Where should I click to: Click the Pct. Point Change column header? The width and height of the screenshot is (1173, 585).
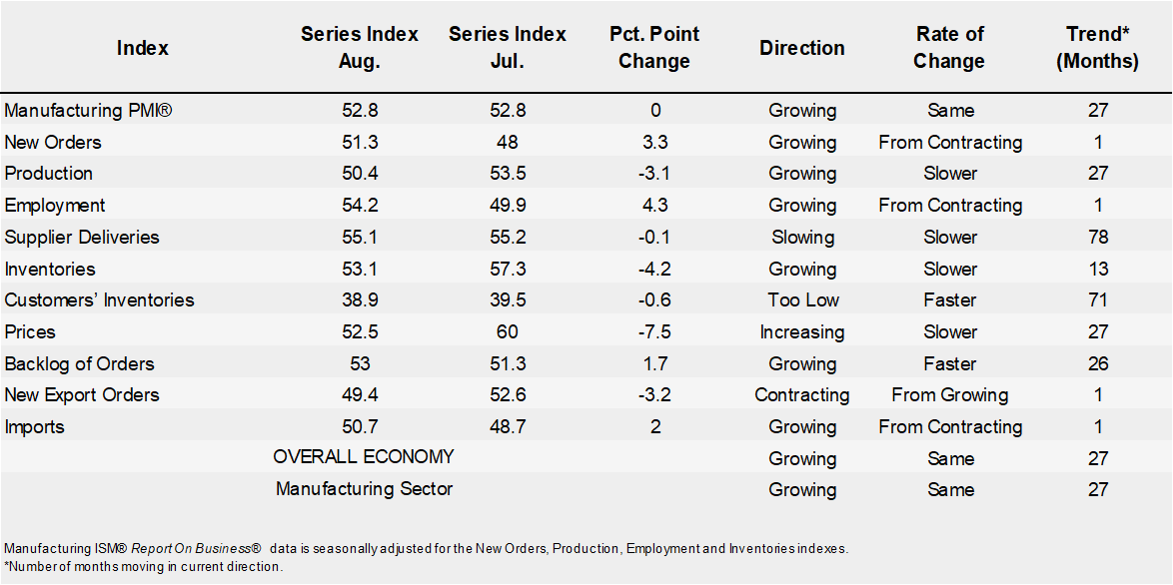coord(653,47)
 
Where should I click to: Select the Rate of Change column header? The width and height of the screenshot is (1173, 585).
coord(949,47)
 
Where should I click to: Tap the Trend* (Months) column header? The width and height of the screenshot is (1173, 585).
coord(1098,47)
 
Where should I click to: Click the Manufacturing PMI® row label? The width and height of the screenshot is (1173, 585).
coord(89,110)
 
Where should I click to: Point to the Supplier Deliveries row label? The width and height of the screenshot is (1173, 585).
coord(82,237)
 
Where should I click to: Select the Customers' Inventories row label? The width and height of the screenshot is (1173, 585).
coord(99,299)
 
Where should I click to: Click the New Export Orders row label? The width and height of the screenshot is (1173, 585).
coord(82,394)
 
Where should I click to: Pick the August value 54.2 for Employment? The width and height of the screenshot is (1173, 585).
coord(359,205)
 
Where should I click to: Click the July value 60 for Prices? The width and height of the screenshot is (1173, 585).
coord(507,331)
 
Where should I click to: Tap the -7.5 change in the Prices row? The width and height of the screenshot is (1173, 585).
coord(653,331)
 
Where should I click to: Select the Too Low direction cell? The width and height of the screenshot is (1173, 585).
coord(802,299)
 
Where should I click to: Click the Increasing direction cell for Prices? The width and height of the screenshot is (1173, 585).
coord(802,331)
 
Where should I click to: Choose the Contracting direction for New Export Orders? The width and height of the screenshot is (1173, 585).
coord(802,394)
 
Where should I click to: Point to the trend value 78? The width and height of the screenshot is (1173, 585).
coord(1098,237)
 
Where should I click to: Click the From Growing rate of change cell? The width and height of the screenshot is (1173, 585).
coord(949,394)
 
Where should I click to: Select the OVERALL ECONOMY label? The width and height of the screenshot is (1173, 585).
coord(364,457)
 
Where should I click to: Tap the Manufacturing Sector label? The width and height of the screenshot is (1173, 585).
coord(364,489)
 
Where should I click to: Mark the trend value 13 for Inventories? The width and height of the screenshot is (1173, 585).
coord(1098,269)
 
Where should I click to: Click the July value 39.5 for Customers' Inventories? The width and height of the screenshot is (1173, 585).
coord(507,299)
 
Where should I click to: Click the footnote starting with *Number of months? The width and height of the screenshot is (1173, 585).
coord(143,566)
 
